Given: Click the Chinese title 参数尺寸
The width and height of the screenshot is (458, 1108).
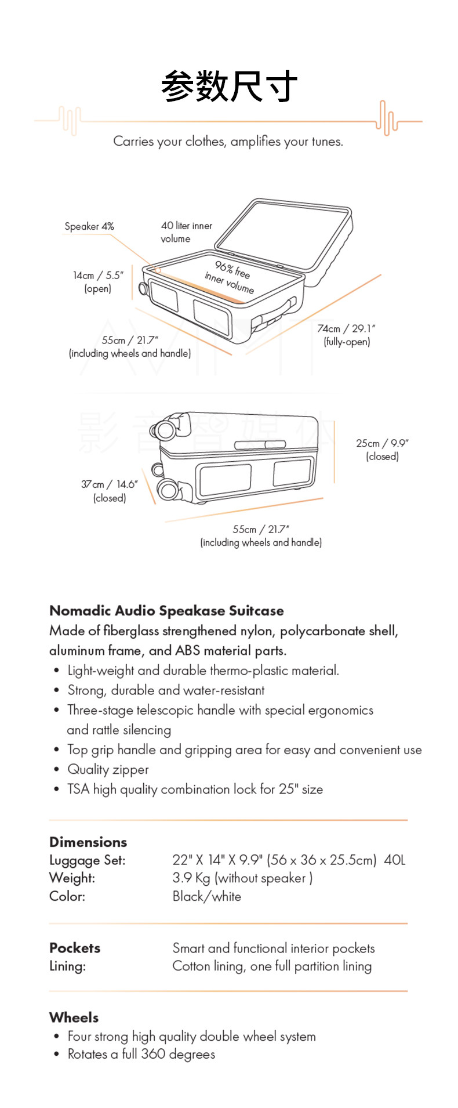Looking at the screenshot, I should point(229,86).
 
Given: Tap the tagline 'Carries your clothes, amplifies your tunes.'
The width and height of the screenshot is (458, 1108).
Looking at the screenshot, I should point(228,142).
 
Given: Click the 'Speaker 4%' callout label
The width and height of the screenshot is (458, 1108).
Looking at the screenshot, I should point(89,226).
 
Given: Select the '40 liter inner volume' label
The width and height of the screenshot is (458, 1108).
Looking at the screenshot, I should point(186,232).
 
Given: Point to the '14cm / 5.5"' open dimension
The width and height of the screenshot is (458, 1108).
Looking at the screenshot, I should point(98,281).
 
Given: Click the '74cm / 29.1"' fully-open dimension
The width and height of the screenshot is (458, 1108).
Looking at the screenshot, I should point(346,335).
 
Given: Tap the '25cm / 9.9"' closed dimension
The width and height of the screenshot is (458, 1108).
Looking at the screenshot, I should point(382,449).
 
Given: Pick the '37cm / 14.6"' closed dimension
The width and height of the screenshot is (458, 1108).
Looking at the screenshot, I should point(110,490).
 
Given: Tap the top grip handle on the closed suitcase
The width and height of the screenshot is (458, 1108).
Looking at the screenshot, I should point(260,444).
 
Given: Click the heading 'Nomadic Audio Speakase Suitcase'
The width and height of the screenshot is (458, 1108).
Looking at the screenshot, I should point(166,611).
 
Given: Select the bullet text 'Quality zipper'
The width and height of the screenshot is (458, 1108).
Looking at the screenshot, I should point(108,770).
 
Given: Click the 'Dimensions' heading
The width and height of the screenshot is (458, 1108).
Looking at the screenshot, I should point(88,842).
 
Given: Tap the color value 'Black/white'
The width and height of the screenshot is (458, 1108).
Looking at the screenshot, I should point(206,896).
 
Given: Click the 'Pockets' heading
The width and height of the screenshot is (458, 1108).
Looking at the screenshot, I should point(75,948).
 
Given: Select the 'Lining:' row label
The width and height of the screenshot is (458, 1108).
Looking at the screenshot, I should point(67,966).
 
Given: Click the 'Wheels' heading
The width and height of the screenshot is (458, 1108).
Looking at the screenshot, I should point(74,1018).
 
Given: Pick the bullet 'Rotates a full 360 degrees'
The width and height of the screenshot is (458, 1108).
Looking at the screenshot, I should point(141,1054).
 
